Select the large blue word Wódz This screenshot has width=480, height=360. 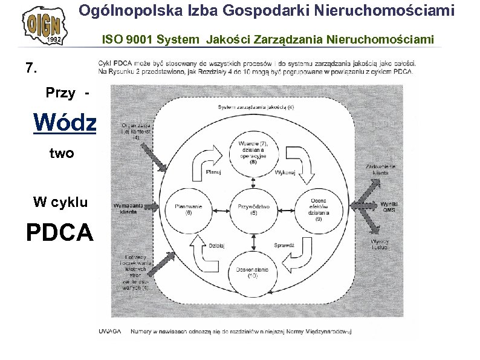coord(65,122)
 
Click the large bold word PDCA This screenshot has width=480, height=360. coord(60,232)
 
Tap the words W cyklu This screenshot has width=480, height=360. coord(60,202)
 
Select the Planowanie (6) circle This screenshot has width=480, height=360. coord(187,209)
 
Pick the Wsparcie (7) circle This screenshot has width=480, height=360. coord(253,152)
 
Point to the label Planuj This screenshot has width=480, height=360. coord(213,171)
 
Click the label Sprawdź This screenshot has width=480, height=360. coord(284,246)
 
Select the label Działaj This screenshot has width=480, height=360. coord(217,246)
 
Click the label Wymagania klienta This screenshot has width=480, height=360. coord(128,208)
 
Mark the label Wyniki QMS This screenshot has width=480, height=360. coord(389,206)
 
